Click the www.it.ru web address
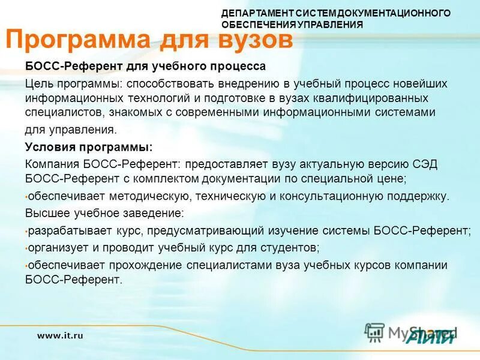point(60,336)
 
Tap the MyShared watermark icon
point(375,332)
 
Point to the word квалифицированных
point(376,98)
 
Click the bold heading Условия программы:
point(88,147)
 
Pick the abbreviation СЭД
point(425,164)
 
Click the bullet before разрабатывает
point(26,231)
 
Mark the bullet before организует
point(26,248)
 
